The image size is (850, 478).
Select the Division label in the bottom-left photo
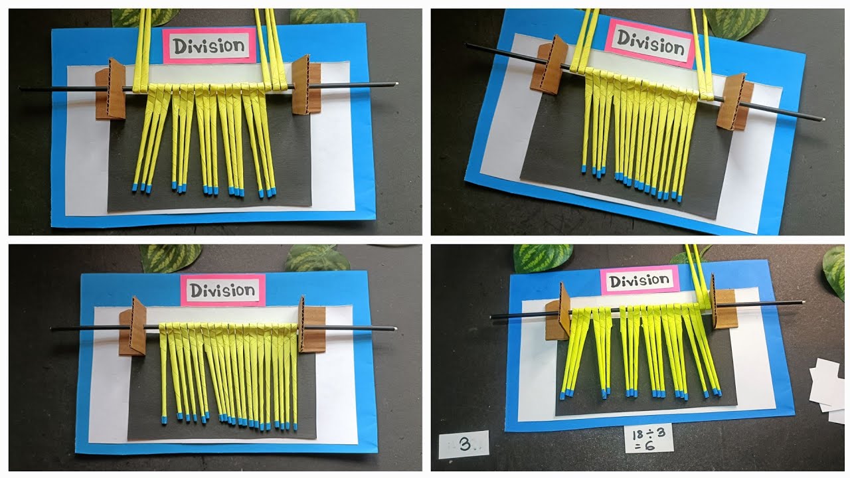pyautogui.click(x=222, y=290)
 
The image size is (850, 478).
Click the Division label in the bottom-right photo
pyautogui.click(x=639, y=281)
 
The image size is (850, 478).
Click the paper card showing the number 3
pyautogui.click(x=464, y=444)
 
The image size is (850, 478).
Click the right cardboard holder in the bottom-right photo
pyautogui.click(x=722, y=308)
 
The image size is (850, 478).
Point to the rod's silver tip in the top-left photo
pyautogui.click(x=394, y=84)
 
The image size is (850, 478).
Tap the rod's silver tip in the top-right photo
pyautogui.click(x=822, y=119)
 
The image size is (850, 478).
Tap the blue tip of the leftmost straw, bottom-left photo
pyautogui.click(x=164, y=420)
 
